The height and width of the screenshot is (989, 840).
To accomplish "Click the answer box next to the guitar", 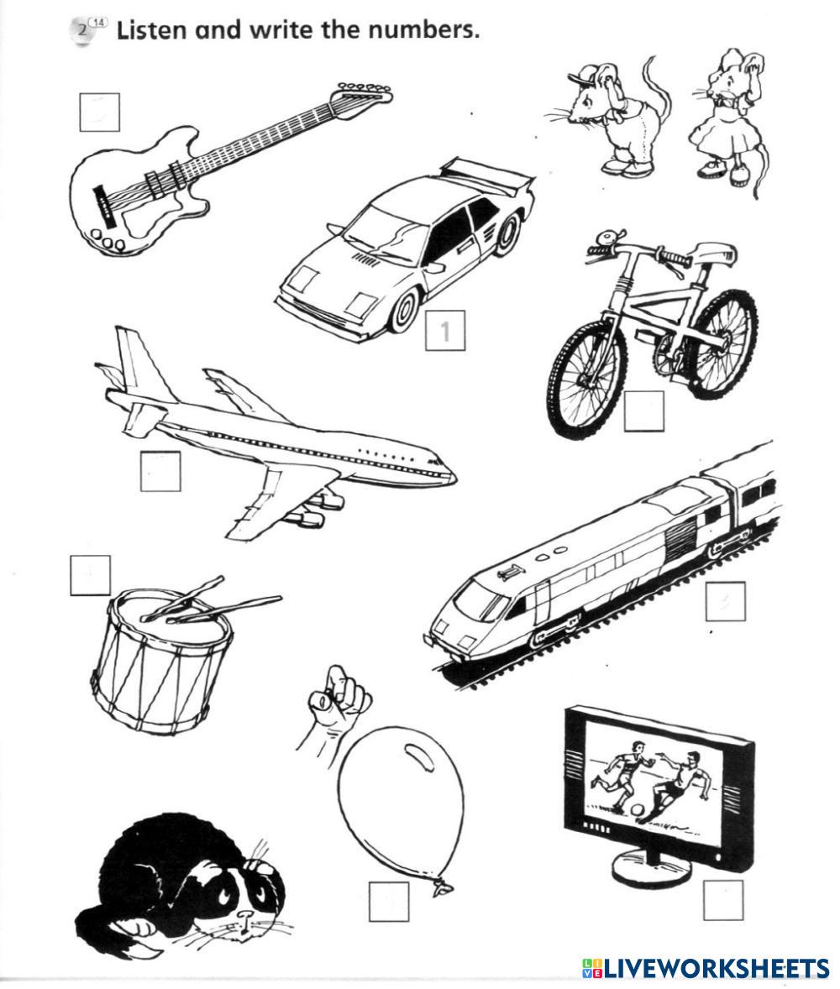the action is pos(99,112).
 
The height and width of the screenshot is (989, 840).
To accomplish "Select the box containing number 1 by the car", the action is pos(445,331).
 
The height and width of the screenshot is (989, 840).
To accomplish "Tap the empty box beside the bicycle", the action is pos(643,411).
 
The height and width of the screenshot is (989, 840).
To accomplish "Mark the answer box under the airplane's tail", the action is pos(160,472).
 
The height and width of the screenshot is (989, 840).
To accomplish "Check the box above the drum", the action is pos(90,575).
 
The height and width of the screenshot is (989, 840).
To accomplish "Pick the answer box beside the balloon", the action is pos(389,902).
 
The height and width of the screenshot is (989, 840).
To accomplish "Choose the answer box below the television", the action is pos(722,900).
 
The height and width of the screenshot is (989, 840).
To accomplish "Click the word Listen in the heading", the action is pos(152,31).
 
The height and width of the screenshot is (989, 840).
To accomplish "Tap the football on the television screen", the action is pos(638,810).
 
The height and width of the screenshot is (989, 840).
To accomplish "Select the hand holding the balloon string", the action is pos(336,701).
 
